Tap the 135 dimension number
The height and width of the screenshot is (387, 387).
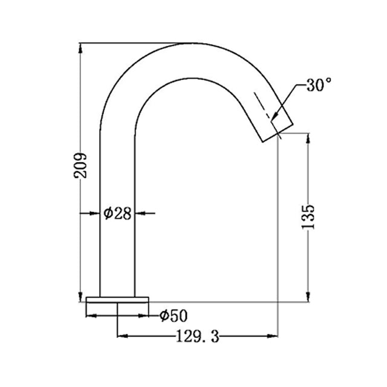[309, 216]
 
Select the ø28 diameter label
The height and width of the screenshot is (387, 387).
[117, 213]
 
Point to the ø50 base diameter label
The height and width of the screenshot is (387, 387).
[174, 315]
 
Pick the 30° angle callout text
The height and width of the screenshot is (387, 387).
[318, 85]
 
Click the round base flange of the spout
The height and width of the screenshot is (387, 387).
[117, 300]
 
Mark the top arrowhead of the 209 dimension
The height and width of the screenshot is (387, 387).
[81, 48]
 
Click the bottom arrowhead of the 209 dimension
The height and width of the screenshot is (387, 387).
[81, 296]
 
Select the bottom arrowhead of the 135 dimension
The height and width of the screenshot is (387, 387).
[309, 296]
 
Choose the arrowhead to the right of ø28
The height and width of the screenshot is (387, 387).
[140, 213]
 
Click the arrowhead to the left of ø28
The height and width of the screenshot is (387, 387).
[94, 213]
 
